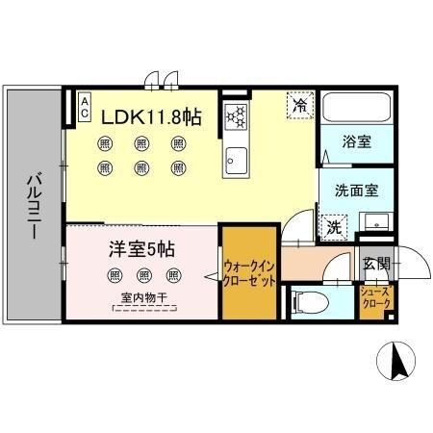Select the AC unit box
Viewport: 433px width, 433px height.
click(x=85, y=101)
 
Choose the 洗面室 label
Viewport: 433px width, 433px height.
click(x=355, y=191)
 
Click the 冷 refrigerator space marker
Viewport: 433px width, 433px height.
click(x=300, y=103)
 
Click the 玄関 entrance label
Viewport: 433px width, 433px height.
click(x=375, y=265)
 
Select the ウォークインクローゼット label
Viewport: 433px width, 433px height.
click(x=250, y=273)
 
